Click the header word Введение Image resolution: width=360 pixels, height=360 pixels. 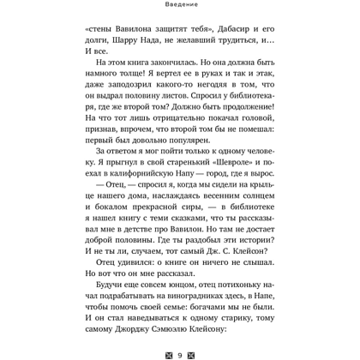click(179, 5)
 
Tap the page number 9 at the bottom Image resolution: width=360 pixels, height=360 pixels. click(179, 352)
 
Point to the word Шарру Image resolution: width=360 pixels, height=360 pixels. click(133, 42)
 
